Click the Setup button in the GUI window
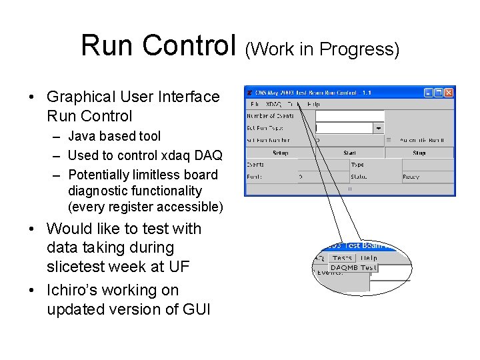(280, 153)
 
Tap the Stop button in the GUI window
(419, 153)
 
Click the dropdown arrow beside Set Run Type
(378, 127)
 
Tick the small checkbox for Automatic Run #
(389, 141)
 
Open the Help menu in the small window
(313, 104)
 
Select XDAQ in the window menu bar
(273, 104)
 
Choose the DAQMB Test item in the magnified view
(353, 267)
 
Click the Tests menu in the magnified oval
(342, 258)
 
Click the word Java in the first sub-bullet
(81, 136)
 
